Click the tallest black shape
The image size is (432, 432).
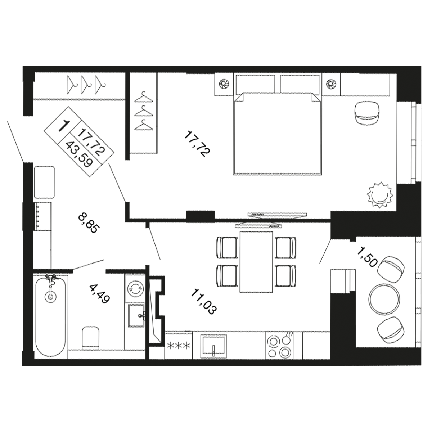pyautogui.click(x=196, y=144)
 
